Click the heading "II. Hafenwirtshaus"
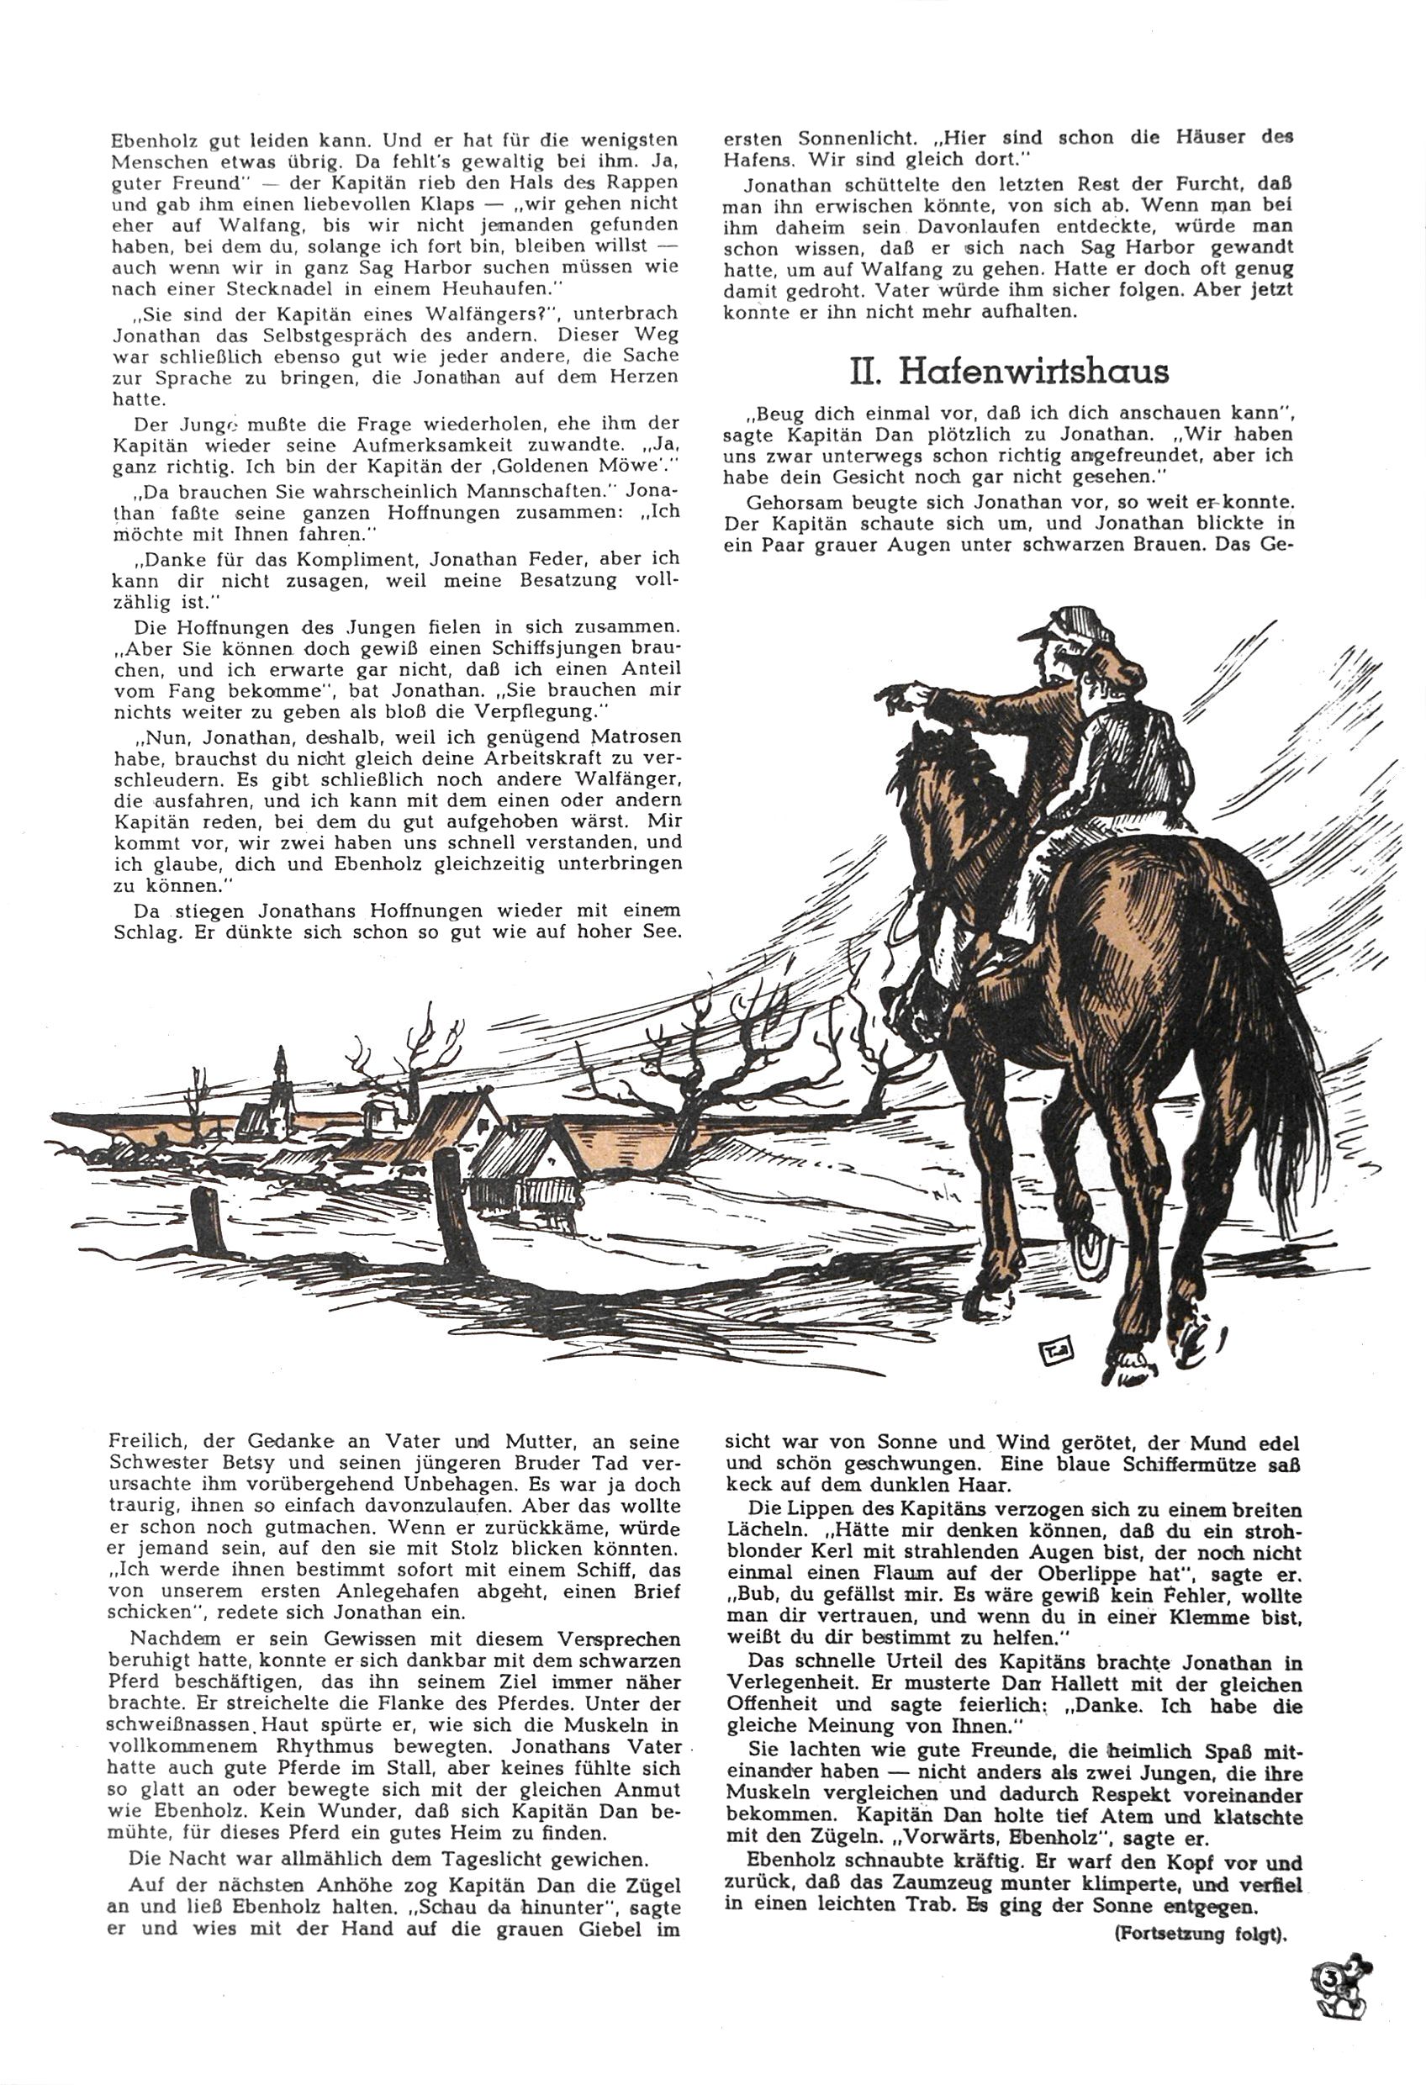[x=1010, y=371]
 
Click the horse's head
[x=916, y=789]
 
